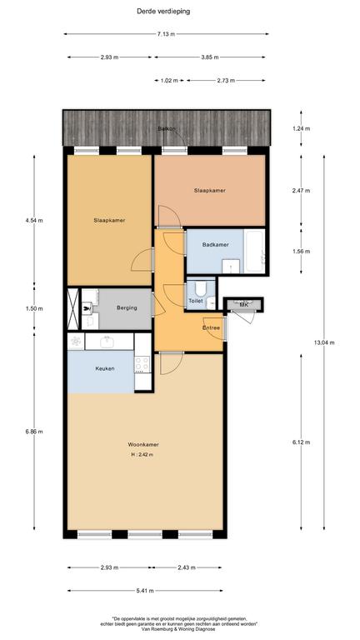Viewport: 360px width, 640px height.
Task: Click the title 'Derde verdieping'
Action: coord(163,12)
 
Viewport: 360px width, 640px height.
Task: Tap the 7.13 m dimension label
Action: coord(166,34)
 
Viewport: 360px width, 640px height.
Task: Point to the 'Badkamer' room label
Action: coord(215,245)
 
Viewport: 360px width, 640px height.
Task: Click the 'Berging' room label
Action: coord(127,307)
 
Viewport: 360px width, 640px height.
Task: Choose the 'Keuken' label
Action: coord(104,368)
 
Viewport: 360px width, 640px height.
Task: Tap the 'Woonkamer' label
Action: coord(143,444)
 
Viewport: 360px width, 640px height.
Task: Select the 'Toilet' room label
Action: coord(196,301)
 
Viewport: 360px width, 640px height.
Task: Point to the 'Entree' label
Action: coord(212,327)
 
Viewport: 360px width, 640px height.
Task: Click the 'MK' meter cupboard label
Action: coord(244,305)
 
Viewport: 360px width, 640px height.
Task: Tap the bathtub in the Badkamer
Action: coord(254,251)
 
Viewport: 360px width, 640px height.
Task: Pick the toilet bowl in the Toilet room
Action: coord(200,287)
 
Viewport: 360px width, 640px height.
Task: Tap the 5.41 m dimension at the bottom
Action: coord(145,591)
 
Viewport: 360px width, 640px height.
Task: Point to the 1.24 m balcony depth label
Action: coord(301,128)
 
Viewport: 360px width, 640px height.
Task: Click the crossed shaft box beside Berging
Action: coord(73,308)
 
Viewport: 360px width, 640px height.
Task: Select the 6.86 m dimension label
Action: coord(34,432)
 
